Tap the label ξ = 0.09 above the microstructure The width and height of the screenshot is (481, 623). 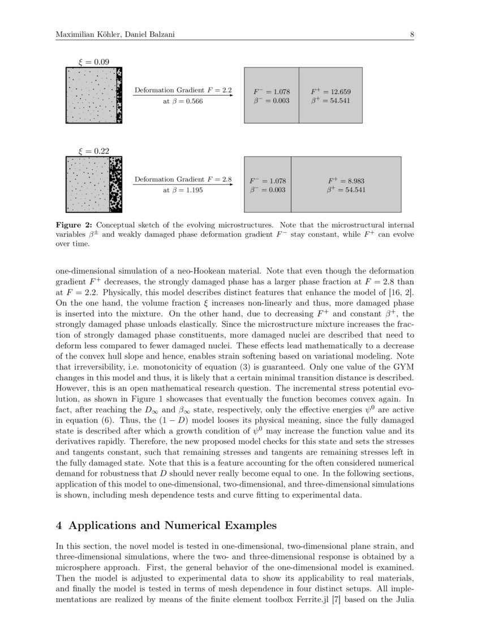click(93, 62)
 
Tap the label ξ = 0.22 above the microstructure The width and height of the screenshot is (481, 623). click(93, 151)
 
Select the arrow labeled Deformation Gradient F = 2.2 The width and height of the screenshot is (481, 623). click(183, 96)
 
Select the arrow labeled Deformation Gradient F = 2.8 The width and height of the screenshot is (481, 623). click(183, 185)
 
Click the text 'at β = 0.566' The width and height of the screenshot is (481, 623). click(183, 101)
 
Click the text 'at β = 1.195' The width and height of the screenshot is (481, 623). click(183, 191)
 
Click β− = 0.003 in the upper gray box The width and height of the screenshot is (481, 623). click(271, 101)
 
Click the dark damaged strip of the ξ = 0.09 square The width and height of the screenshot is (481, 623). click(119, 95)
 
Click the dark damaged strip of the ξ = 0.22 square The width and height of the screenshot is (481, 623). click(115, 185)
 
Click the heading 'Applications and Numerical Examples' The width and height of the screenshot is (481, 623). click(173, 526)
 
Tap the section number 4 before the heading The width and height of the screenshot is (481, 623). click(59, 526)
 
